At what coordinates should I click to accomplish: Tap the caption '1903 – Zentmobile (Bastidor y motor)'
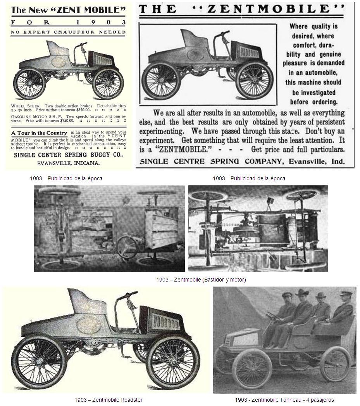tap(201, 280)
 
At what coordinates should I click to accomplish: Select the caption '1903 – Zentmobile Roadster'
tap(109, 400)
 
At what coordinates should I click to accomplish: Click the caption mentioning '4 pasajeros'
tap(284, 400)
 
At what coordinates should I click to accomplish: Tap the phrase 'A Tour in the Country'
tap(40, 133)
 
